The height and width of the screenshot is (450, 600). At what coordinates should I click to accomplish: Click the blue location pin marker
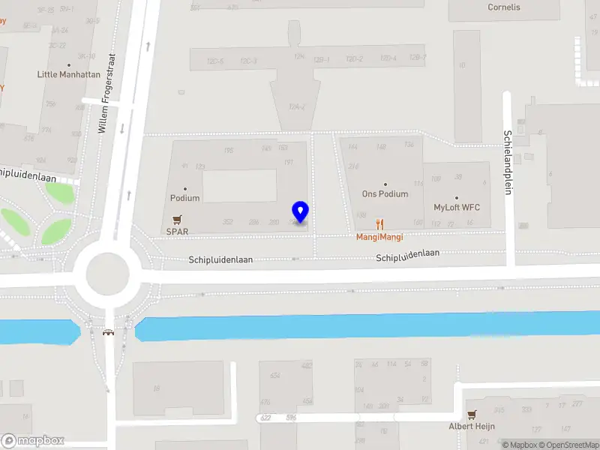point(301,211)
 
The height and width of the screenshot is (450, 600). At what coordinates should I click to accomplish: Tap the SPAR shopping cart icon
point(177,220)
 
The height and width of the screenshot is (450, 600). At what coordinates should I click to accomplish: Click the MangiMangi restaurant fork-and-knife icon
point(380,223)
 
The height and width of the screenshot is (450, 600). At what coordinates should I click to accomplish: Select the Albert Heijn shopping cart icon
point(472,414)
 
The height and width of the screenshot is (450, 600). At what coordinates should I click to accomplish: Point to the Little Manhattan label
point(69,75)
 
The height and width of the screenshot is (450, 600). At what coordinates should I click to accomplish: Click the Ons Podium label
point(385,194)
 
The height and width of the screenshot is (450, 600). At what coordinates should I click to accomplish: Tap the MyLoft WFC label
point(457,208)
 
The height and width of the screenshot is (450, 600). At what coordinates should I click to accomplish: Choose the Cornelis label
point(504,7)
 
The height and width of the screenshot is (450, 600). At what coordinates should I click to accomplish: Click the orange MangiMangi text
point(379,237)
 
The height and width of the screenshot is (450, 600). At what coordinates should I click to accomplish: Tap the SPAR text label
point(177,232)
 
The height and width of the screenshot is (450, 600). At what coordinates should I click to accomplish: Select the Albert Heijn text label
point(472,426)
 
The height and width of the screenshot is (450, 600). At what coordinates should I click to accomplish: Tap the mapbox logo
point(33,441)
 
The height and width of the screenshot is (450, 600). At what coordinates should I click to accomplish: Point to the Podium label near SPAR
point(184,198)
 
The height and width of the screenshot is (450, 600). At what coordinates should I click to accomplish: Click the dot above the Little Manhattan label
point(69,65)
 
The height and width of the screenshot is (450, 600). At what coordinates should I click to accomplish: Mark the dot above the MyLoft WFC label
point(456,198)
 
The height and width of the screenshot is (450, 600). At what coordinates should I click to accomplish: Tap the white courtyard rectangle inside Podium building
point(240,186)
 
